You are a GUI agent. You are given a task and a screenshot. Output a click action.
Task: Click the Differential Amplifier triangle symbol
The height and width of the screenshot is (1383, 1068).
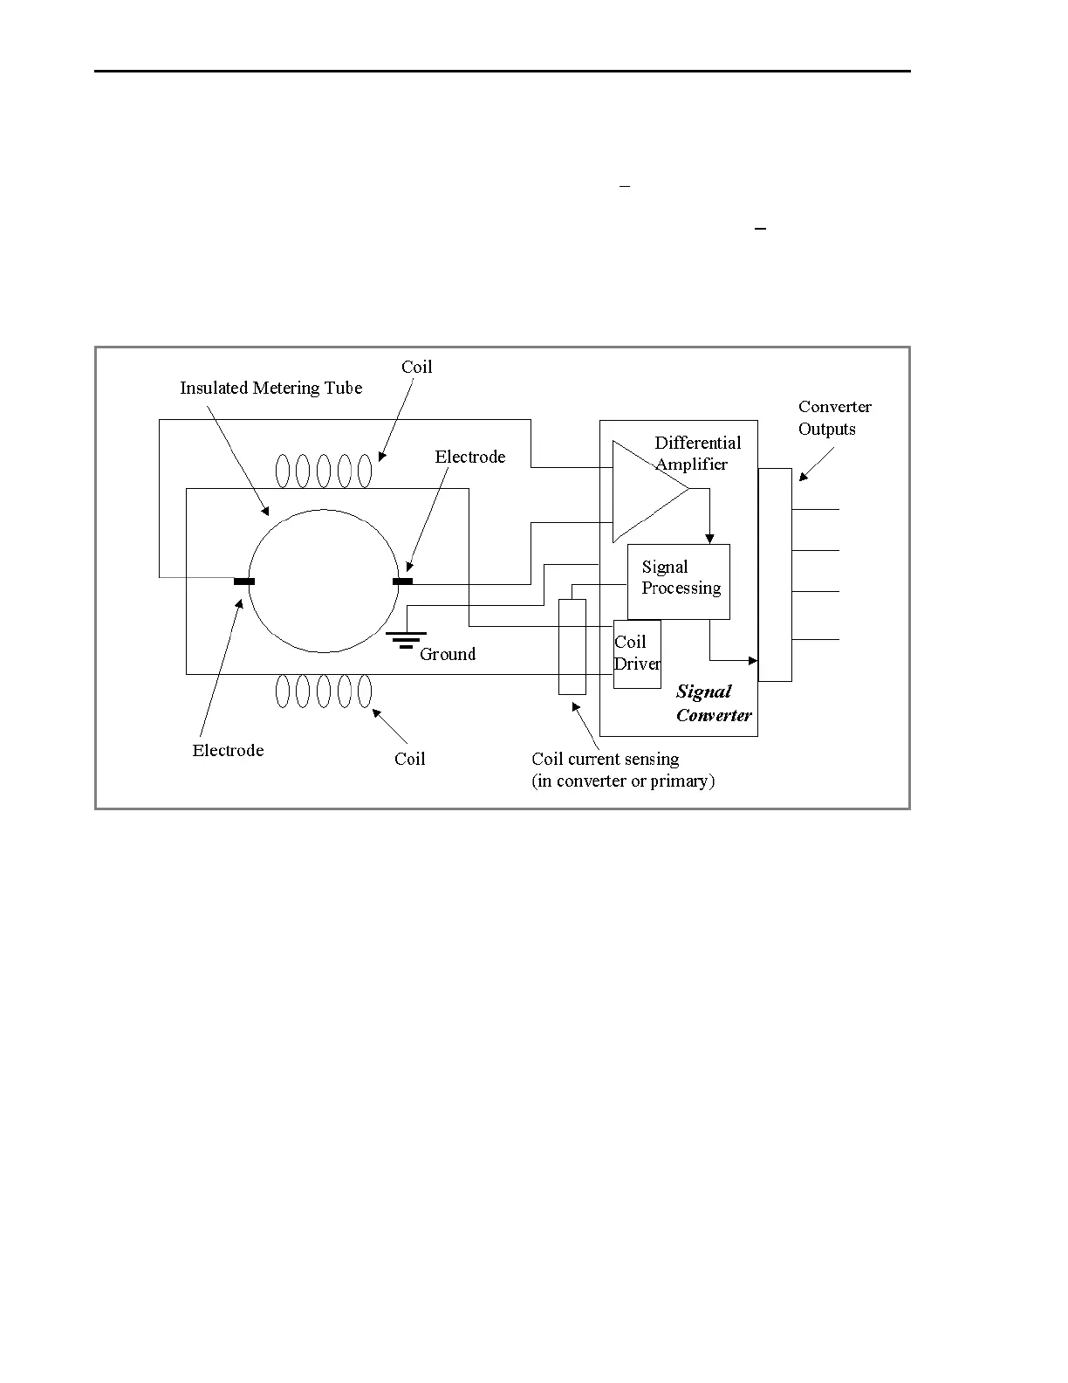coord(646,492)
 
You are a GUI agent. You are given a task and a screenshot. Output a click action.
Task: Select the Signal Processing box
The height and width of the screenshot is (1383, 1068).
coord(679,581)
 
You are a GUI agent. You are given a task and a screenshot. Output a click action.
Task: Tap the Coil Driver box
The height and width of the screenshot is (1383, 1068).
coord(637,654)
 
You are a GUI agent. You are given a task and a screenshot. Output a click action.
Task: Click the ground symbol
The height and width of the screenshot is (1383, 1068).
coord(406,640)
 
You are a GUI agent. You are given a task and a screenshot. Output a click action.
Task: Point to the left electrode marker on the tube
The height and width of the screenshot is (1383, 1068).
coord(244,581)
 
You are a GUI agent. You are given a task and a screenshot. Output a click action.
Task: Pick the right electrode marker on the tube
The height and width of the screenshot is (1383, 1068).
coord(402,581)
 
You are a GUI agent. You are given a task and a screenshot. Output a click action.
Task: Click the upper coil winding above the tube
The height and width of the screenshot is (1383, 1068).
coord(324,471)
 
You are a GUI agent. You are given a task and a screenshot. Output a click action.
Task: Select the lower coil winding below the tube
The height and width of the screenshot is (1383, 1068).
coord(324,691)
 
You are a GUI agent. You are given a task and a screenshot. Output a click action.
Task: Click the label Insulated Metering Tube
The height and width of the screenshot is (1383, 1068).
coord(270,388)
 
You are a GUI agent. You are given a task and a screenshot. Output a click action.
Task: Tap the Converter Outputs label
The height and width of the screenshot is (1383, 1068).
coord(834,417)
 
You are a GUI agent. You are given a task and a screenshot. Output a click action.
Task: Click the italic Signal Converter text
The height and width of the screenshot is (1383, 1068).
coord(713,703)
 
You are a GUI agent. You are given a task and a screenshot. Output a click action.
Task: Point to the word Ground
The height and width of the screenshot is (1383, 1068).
coord(448,654)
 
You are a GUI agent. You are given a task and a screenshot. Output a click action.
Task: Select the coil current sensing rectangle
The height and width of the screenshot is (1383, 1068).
coord(572,647)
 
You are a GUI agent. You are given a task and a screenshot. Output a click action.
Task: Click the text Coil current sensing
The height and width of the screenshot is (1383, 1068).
coord(606,759)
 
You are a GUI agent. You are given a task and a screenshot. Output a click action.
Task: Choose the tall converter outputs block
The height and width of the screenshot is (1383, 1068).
coord(775,575)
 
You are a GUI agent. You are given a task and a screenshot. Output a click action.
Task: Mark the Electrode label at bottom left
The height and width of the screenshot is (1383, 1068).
coord(228,750)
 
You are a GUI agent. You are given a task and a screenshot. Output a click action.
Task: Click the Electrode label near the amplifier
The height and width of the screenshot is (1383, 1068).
coord(470,457)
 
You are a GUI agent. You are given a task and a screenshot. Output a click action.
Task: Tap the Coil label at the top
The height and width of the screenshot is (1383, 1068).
coord(416,367)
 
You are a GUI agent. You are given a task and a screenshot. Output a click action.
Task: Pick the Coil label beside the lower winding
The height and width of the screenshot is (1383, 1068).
coord(409,759)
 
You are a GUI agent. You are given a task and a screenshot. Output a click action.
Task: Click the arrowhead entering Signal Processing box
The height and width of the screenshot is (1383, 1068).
coord(710,538)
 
